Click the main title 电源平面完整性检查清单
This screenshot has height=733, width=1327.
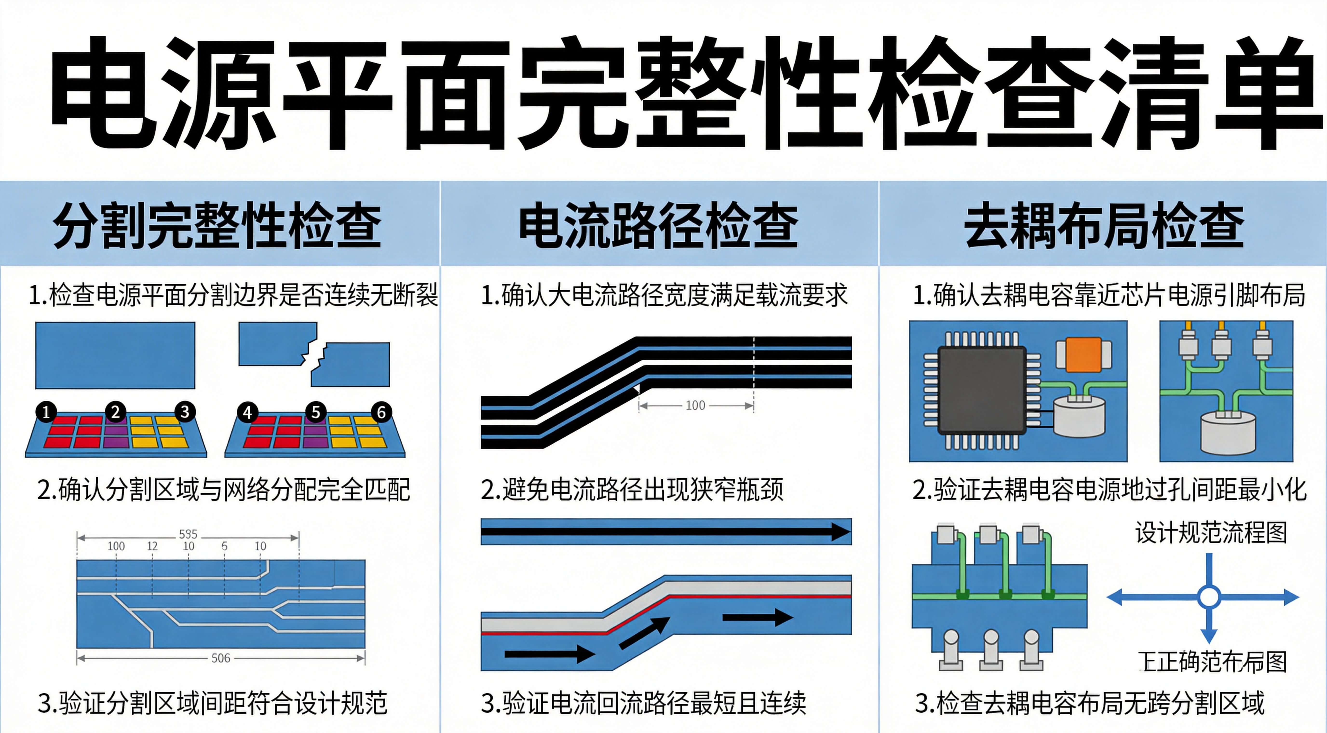(685, 93)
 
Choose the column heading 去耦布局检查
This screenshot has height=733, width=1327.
(1104, 225)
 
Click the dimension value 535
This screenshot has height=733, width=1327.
(188, 534)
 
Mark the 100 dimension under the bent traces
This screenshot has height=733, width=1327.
(695, 405)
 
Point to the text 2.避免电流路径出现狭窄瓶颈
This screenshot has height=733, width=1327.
(632, 489)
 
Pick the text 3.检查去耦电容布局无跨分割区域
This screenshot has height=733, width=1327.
(1090, 703)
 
